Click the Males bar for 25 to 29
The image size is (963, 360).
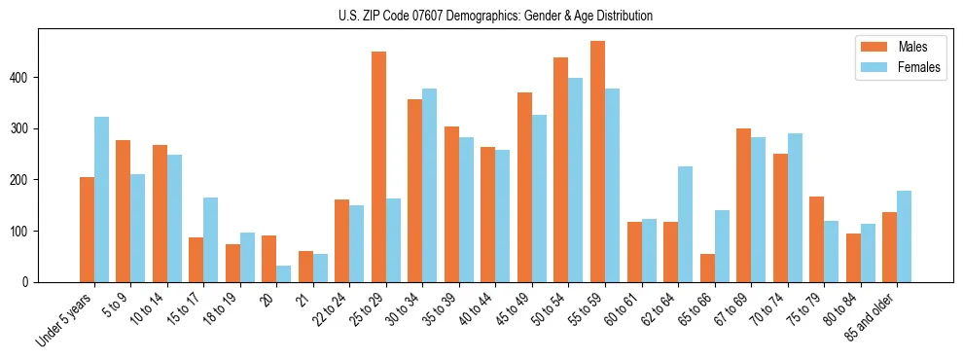(x=378, y=166)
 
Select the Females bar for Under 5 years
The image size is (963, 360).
(x=101, y=199)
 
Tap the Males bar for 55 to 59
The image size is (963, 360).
(x=597, y=162)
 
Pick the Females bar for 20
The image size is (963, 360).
(x=284, y=273)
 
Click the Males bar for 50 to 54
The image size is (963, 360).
(x=561, y=169)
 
